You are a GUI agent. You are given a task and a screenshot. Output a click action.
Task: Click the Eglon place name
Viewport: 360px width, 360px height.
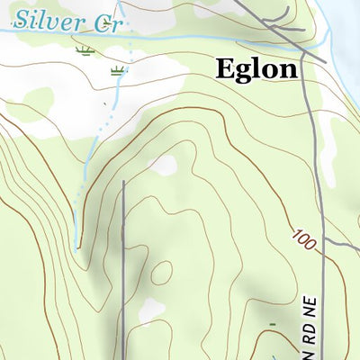[256, 68]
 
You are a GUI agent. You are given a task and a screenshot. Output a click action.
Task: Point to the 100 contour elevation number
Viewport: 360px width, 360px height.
[304, 238]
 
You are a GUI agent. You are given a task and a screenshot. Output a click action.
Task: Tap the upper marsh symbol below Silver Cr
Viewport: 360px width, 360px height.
[85, 49]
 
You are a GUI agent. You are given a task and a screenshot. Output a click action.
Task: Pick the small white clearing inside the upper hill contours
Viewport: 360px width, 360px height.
[164, 166]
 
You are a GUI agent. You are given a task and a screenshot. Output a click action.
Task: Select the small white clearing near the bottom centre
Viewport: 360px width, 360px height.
[151, 310]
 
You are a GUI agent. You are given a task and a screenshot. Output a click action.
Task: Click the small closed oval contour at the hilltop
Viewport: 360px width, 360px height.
[162, 271]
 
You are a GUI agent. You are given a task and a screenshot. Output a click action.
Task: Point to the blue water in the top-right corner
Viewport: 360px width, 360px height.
[346, 11]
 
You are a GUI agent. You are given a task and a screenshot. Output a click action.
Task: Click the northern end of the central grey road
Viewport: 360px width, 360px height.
[122, 184]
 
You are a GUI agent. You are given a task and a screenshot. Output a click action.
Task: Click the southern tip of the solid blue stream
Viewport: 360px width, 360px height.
[78, 247]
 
